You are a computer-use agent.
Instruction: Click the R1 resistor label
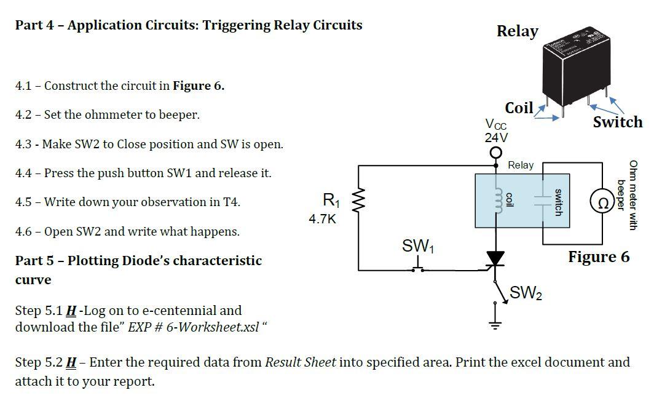(330, 200)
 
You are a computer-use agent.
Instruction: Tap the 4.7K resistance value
(322, 218)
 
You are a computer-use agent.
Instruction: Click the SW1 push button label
(419, 246)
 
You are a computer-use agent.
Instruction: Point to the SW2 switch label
(526, 293)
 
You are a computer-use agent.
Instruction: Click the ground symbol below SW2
(495, 325)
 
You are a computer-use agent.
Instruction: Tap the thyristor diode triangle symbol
(495, 259)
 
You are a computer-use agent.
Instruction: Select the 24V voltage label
(496, 137)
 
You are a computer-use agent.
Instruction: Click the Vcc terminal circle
(495, 153)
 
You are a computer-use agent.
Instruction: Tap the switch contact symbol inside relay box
(542, 200)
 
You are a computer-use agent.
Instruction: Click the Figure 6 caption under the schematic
(598, 257)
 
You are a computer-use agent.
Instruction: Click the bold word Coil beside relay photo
(519, 108)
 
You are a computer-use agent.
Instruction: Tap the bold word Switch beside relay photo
(617, 122)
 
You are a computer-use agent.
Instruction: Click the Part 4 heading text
(189, 25)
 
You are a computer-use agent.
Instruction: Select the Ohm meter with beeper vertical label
(628, 194)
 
